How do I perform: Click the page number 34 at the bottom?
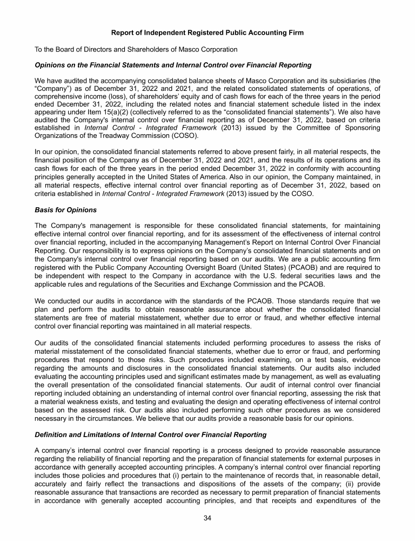tap(207, 519)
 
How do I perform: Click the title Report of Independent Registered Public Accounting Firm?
tap(207, 33)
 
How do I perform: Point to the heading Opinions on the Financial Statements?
tap(173, 65)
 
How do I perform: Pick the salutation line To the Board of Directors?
tap(136, 49)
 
